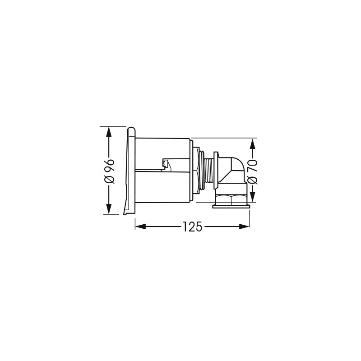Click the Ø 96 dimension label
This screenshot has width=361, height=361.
pos(109,171)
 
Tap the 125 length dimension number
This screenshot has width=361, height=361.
pos(193,227)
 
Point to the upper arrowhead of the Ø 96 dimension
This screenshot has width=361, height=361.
pos(109,133)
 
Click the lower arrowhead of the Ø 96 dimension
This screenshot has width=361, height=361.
pos(109,208)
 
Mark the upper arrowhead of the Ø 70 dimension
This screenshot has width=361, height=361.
pos(253,144)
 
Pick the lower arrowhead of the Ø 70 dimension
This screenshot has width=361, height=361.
pos(253,196)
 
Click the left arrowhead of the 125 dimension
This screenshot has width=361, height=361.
pos(141,227)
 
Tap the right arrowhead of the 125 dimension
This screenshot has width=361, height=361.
pos(244,227)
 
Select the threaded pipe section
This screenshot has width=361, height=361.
pos(209,171)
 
